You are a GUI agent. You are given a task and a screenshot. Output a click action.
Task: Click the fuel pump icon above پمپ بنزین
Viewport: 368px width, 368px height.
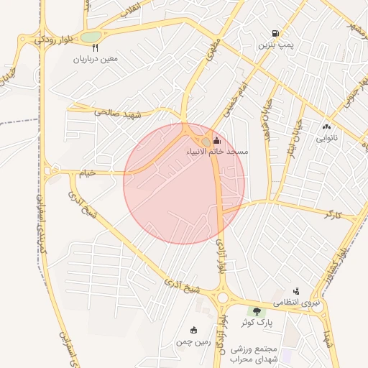(275, 34)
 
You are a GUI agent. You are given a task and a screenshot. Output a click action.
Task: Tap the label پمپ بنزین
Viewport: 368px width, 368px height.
(276, 45)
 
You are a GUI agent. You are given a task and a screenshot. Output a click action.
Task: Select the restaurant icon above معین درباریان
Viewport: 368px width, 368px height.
(96, 47)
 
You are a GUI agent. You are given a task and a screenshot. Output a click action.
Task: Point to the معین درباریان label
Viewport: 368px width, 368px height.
(100, 59)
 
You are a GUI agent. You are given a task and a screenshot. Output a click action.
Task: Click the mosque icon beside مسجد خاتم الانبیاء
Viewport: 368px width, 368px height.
(217, 141)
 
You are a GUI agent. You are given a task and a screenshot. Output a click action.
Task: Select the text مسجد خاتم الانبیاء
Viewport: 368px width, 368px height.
(217, 152)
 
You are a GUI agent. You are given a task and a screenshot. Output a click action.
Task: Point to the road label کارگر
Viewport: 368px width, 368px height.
(331, 214)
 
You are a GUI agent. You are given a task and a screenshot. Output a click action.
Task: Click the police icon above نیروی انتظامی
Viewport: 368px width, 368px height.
(295, 291)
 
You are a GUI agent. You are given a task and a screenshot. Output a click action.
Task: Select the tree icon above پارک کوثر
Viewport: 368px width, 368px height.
(257, 310)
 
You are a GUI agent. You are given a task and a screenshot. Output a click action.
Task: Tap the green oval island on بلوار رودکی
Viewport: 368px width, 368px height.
(90, 37)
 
